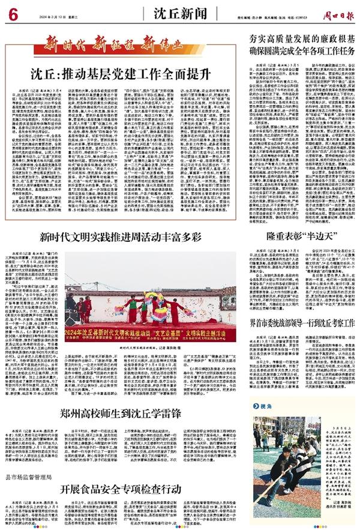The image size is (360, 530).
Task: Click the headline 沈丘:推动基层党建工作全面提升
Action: (x=121, y=74)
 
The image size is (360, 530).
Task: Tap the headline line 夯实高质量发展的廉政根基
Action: (x=299, y=38)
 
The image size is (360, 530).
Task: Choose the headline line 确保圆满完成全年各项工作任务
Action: (x=299, y=50)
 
